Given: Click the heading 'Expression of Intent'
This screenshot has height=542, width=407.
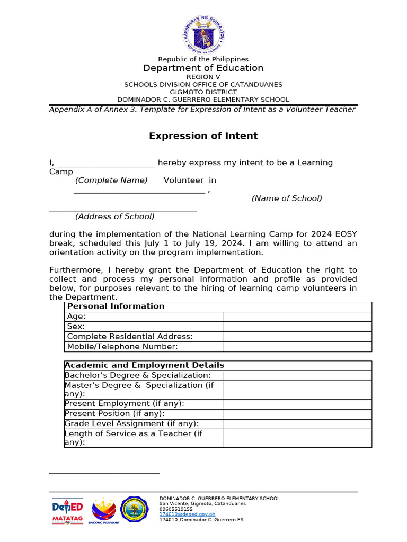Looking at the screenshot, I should [x=203, y=136].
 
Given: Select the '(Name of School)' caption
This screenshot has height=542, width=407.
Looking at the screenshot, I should [x=287, y=198].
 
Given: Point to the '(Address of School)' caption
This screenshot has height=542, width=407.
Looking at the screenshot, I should [x=115, y=216].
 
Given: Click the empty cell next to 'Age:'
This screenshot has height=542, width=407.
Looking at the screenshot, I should [x=297, y=317].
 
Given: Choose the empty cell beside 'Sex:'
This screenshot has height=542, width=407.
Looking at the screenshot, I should [x=297, y=327].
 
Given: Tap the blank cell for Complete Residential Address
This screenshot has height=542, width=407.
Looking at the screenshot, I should [x=297, y=337].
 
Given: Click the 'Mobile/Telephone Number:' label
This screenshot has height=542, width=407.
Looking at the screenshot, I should [x=122, y=347].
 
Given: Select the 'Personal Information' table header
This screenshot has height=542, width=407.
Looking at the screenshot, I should [x=116, y=306].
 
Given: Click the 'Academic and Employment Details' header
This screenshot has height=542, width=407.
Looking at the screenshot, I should [x=144, y=365].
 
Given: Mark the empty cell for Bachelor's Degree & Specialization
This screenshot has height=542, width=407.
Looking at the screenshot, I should [x=297, y=375].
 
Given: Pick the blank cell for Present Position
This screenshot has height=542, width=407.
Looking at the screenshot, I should [x=297, y=413].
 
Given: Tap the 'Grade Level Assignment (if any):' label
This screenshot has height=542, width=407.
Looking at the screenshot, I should [x=131, y=423].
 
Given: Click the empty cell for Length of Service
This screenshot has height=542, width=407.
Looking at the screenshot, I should [x=297, y=438].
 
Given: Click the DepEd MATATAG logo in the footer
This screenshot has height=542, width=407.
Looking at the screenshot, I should [x=68, y=511].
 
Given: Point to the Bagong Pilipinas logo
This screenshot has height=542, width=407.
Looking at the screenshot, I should [x=105, y=511].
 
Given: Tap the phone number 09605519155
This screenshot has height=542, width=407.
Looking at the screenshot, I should [x=176, y=509].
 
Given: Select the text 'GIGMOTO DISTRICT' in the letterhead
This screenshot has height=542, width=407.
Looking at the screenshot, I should [x=203, y=92].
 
